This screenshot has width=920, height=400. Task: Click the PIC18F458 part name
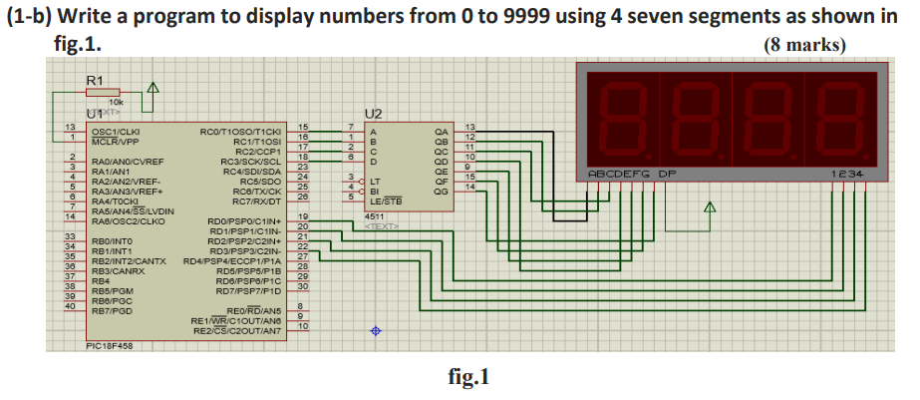click(x=110, y=346)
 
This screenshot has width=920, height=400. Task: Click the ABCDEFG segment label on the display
click(x=619, y=174)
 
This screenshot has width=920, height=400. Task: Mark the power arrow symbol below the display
click(x=710, y=207)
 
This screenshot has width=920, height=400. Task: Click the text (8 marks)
click(x=803, y=45)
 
